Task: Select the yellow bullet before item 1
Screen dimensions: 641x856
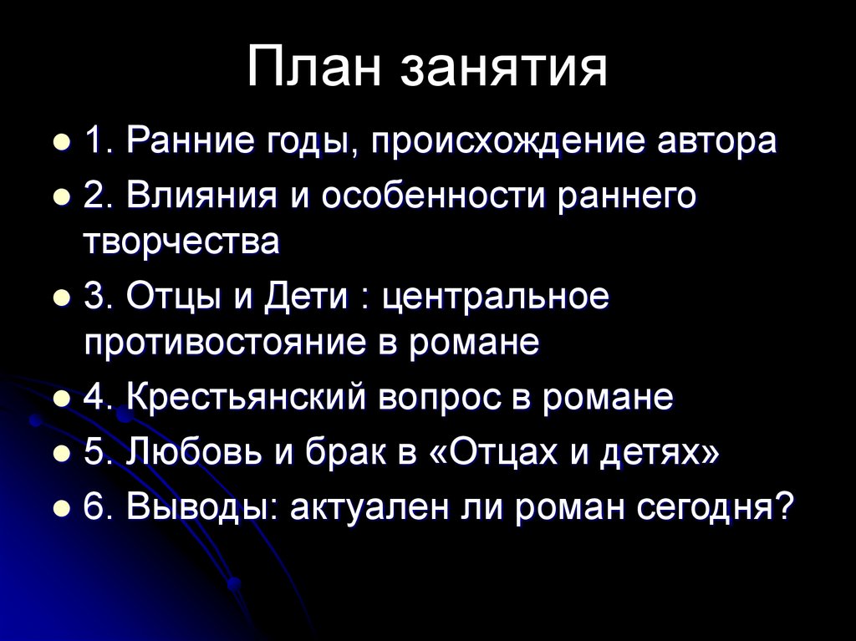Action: (x=61, y=143)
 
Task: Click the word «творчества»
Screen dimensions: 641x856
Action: (x=181, y=242)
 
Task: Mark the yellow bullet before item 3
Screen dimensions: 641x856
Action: (x=61, y=299)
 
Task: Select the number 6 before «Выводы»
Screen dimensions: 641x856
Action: (x=93, y=506)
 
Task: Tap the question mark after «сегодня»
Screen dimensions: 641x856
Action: (x=779, y=506)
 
